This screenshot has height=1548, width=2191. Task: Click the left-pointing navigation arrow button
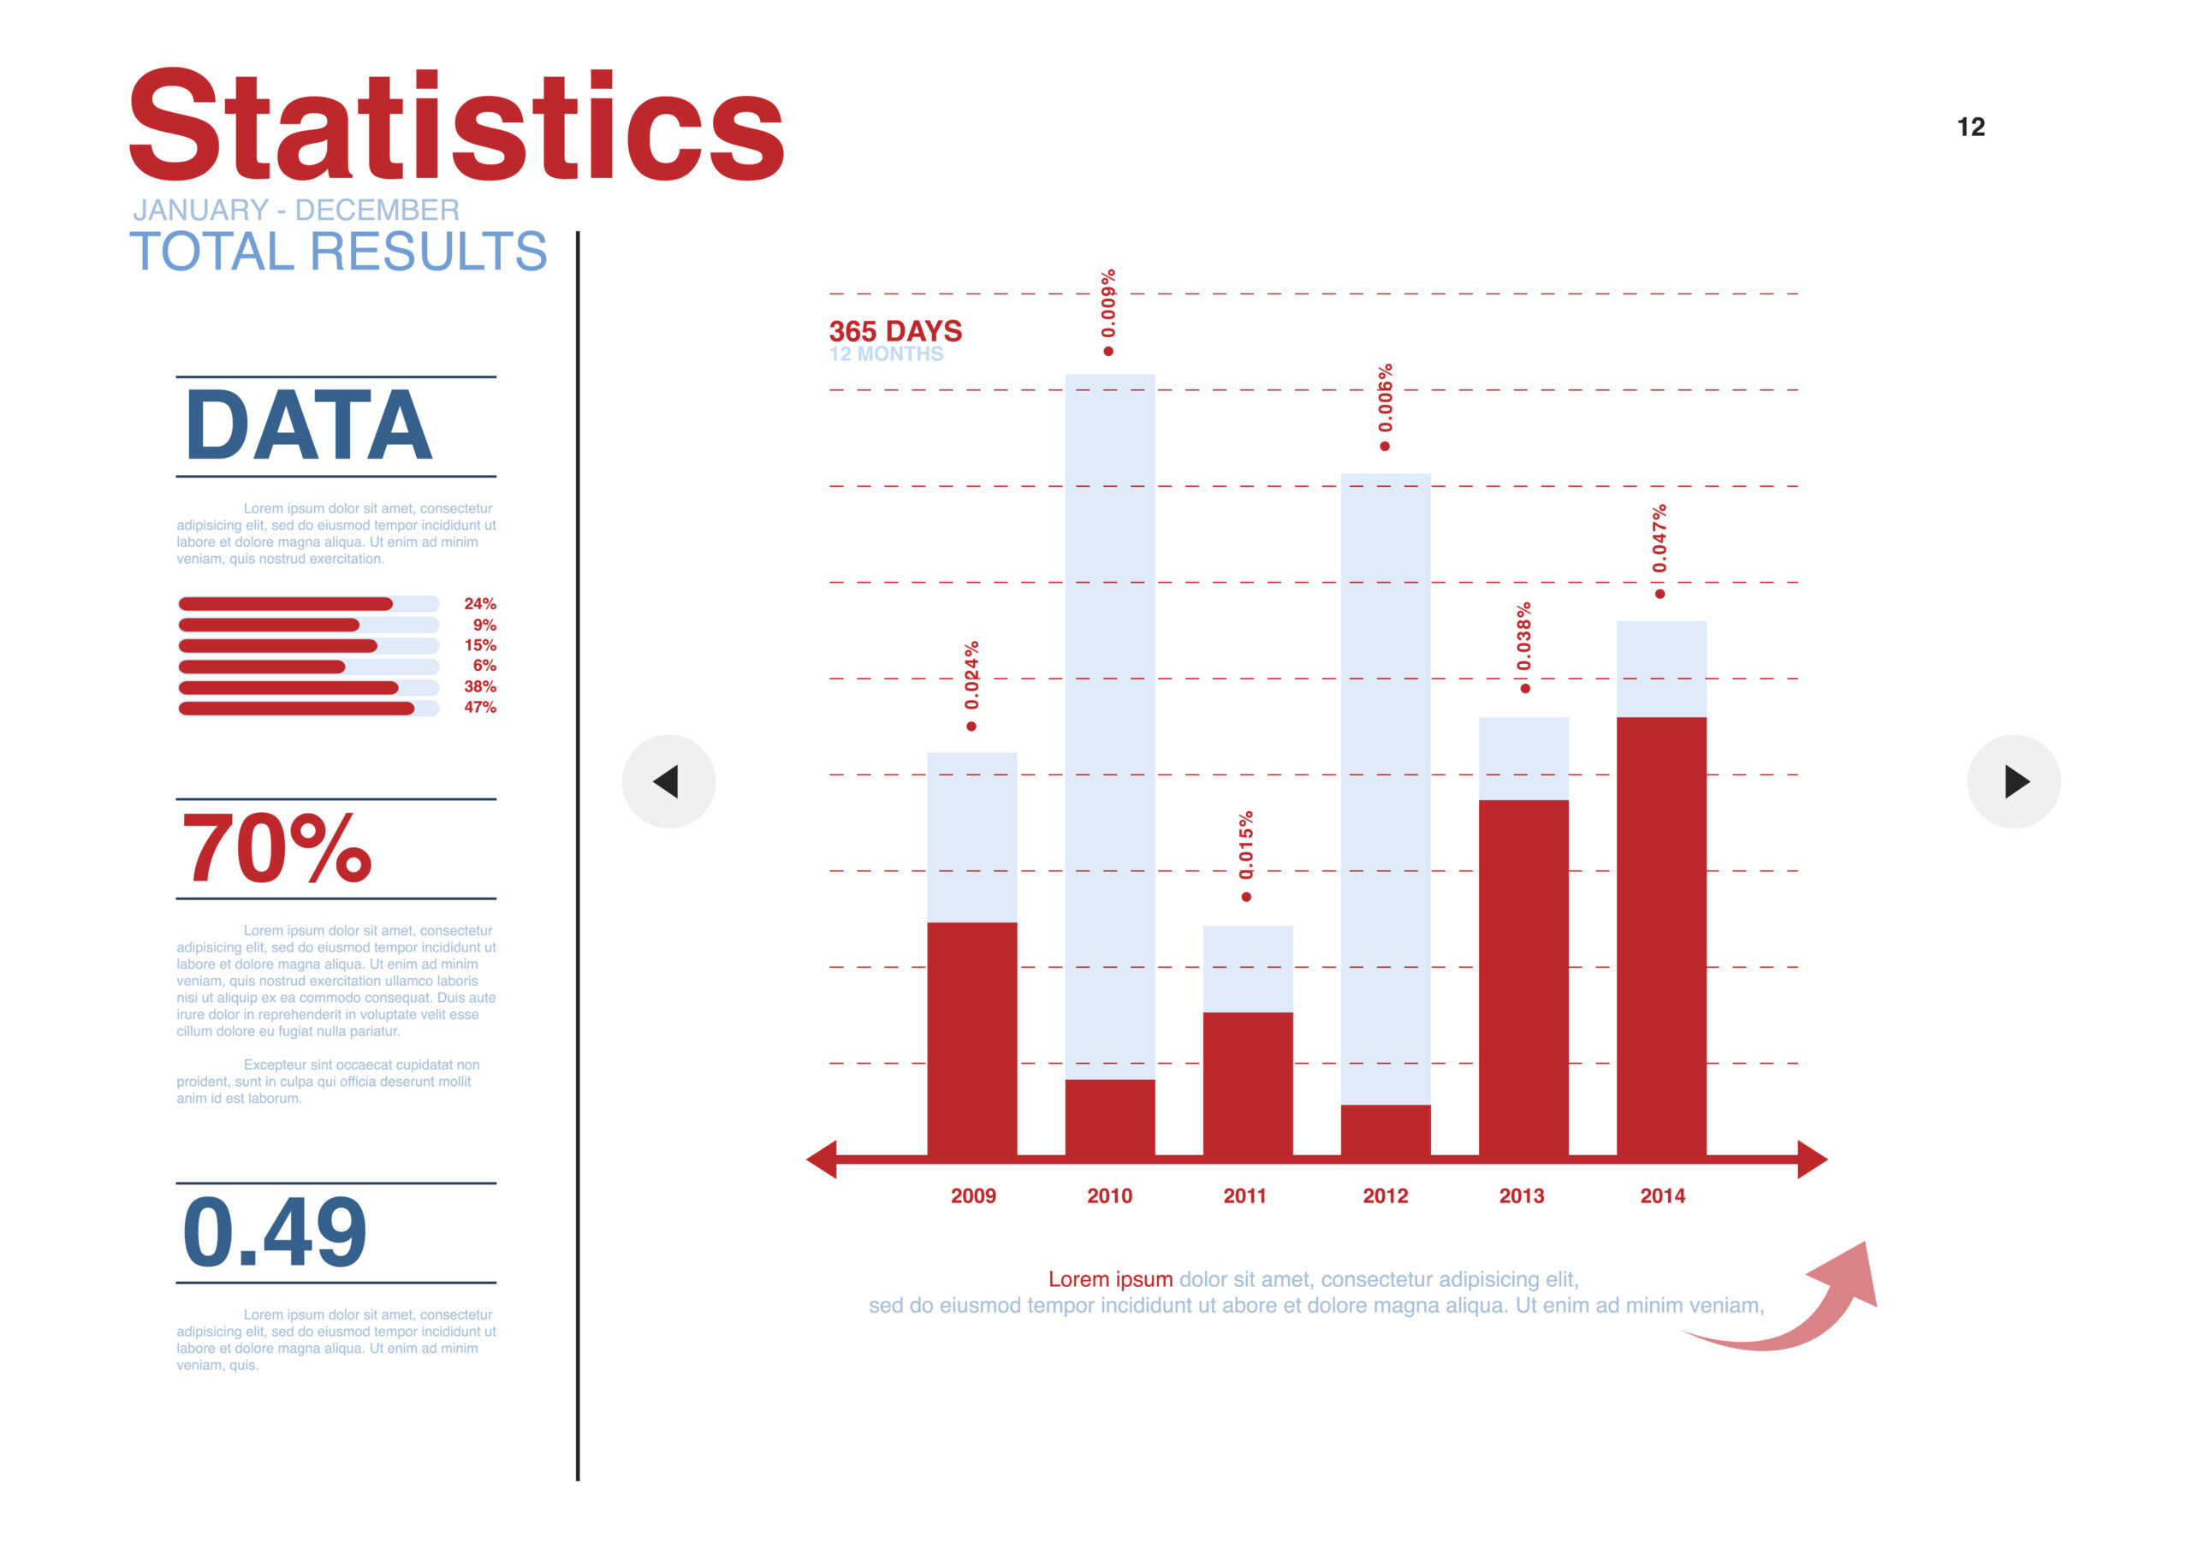[x=668, y=780]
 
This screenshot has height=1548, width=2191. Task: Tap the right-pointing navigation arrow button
[x=2014, y=780]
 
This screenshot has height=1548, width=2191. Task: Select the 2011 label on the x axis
[x=1244, y=1195]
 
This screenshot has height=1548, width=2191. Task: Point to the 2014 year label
[x=1662, y=1195]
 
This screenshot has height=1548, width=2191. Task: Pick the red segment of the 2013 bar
[x=1523, y=977]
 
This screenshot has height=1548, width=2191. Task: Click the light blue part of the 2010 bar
[x=1110, y=726]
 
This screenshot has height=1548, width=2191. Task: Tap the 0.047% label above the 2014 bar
[x=1660, y=539]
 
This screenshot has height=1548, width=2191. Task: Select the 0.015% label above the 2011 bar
[x=1246, y=845]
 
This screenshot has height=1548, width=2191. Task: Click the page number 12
[x=1970, y=127]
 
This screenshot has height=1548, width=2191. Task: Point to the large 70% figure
[x=276, y=847]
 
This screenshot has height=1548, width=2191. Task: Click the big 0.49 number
[x=275, y=1232]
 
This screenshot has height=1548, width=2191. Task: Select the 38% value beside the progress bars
[x=480, y=686]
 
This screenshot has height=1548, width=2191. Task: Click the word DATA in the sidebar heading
[x=309, y=424]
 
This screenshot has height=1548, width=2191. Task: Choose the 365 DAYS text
[x=895, y=331]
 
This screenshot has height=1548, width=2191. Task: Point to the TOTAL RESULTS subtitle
[x=339, y=251]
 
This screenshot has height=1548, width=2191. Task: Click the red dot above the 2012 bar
[x=1385, y=447]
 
